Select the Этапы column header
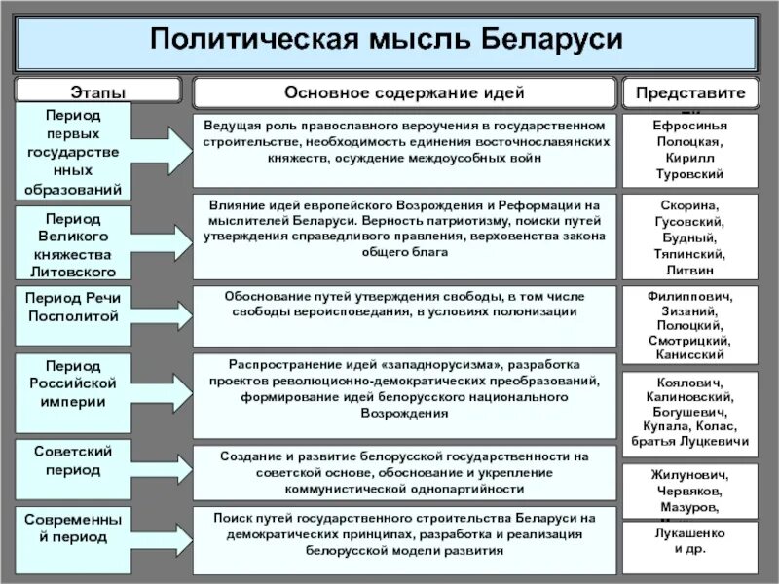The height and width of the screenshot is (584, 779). coord(97,92)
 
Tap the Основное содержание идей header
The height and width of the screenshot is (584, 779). coord(404,92)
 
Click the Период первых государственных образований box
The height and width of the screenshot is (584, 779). coord(84,151)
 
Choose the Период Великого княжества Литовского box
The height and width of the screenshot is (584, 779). coord(84,242)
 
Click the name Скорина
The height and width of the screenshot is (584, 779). coord(689,207)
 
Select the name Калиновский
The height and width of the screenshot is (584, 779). coord(689,397)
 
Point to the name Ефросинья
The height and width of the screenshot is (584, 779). coord(689,126)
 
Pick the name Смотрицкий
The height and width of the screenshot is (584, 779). coord(689,341)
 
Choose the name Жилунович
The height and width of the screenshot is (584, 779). coord(689,475)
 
